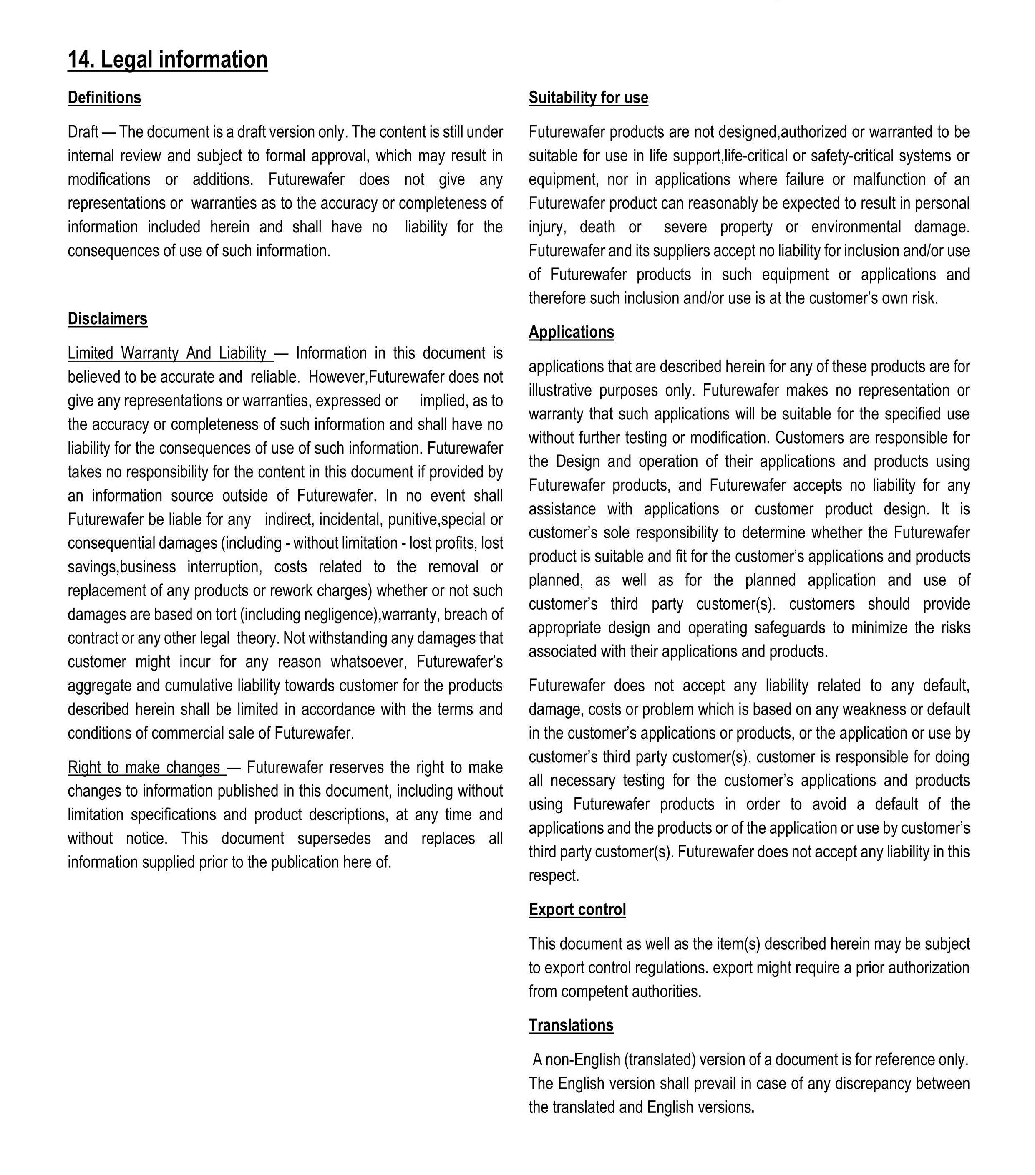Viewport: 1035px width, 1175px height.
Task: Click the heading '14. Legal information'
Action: coord(167,60)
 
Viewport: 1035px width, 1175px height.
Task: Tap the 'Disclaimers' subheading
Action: coord(108,319)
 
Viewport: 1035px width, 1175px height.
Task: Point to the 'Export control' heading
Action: coord(577,910)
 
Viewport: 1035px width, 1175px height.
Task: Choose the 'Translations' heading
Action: coord(571,1026)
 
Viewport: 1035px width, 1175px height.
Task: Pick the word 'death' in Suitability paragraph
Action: coord(597,227)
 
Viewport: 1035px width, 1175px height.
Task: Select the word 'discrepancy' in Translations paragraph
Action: coord(871,1084)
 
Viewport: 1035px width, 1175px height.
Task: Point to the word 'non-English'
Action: coord(575,1059)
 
